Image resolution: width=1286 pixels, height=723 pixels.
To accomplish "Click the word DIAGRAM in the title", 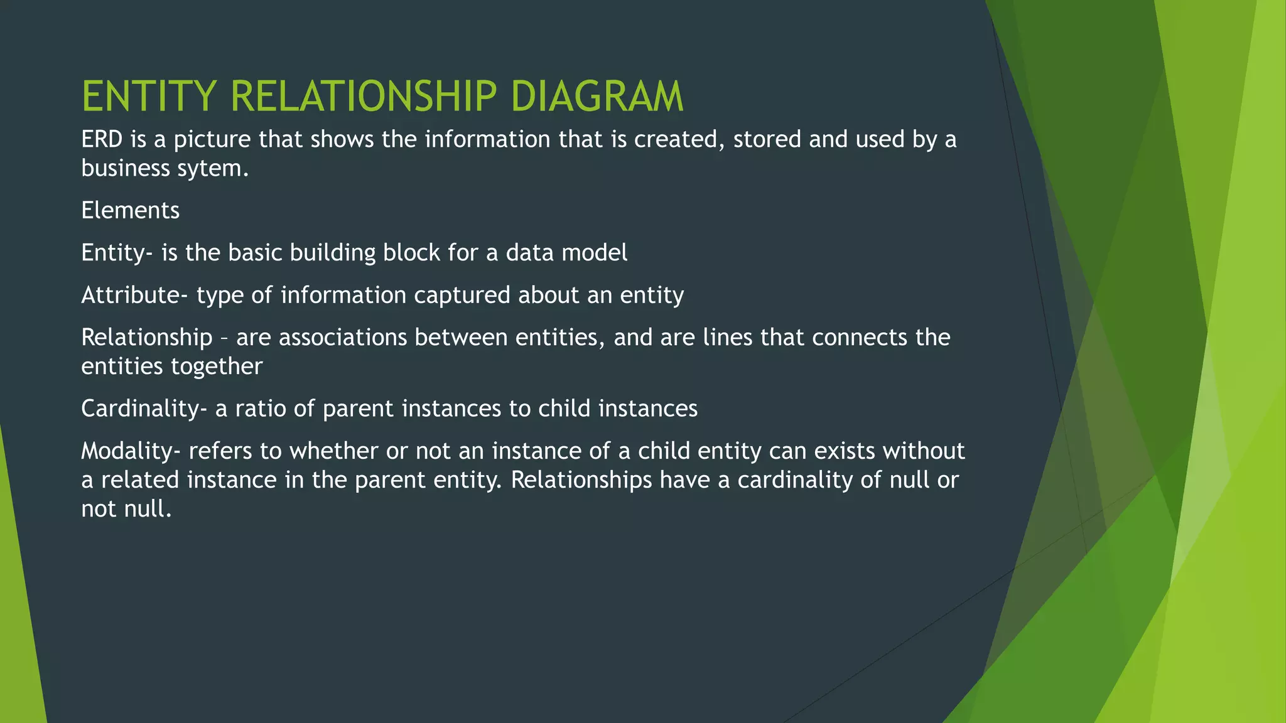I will point(597,97).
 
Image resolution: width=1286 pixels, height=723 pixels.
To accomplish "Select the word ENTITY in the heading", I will point(149,97).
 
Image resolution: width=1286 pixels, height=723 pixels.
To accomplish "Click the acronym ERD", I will point(102,139).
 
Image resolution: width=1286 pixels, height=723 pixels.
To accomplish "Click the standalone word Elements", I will point(130,210).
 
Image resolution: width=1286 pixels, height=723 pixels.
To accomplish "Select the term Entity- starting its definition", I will point(117,253).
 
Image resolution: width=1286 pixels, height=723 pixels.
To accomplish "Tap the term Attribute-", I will point(134,295).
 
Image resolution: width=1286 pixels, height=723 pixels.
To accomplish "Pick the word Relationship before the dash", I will point(147,338).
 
